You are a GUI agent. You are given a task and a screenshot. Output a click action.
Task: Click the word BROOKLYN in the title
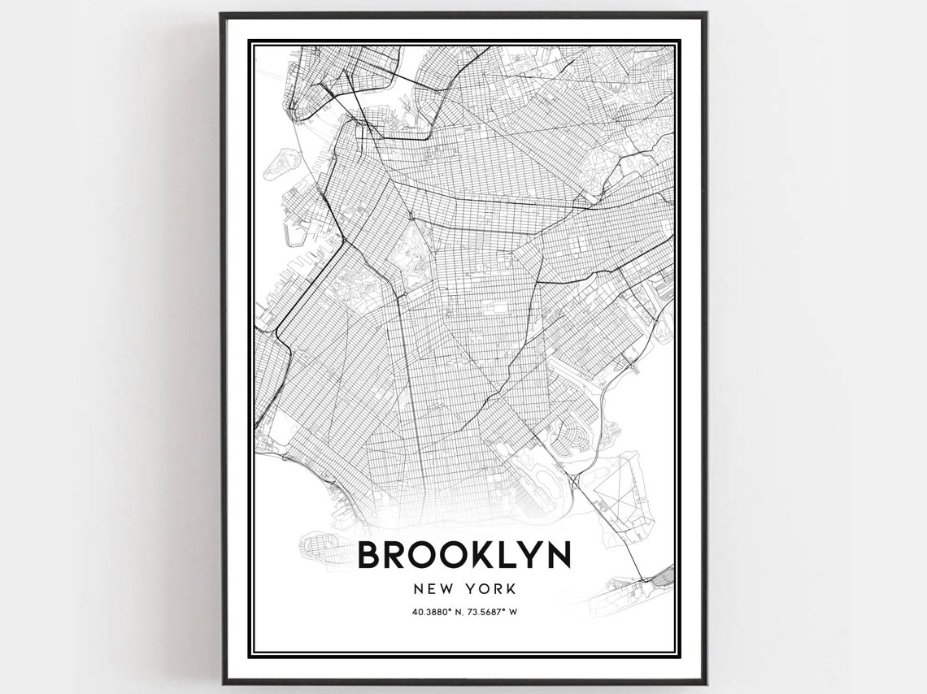pyautogui.click(x=463, y=555)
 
